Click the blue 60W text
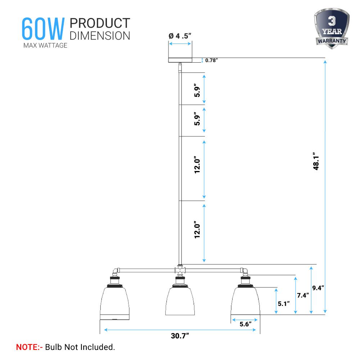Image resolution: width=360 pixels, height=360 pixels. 43,29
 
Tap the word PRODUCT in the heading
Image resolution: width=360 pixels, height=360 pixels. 100,23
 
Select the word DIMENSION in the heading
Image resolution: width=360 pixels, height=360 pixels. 100,36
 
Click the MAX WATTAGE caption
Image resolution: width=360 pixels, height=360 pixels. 45,45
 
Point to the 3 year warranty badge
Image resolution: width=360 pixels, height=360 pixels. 332,28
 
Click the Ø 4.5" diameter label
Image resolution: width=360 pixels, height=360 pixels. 180,36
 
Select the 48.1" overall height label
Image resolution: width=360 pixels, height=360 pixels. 316,161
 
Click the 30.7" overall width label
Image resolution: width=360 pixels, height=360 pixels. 180,336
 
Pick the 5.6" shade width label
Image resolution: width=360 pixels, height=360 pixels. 246,324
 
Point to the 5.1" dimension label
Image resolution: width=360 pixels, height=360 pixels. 284,304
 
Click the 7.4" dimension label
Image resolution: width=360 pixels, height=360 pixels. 303,295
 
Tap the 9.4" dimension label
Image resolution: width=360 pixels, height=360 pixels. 318,288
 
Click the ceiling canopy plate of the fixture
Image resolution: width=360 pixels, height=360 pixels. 180,60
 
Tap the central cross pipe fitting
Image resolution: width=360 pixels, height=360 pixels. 180,270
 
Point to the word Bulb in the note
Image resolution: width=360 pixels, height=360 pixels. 54,347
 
